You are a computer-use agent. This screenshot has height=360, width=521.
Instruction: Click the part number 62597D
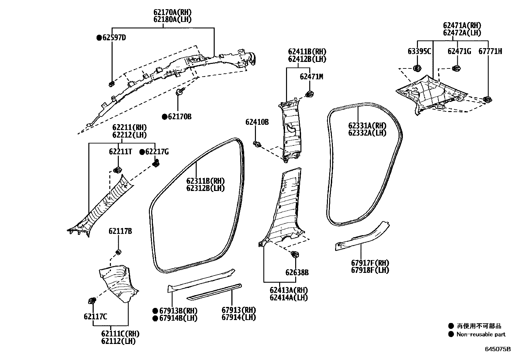[x=114, y=38]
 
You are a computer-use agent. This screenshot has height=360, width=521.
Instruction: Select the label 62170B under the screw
[x=180, y=117]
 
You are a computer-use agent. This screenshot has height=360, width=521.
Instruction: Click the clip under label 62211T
[x=117, y=170]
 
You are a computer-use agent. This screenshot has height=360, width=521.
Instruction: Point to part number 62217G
[x=157, y=152]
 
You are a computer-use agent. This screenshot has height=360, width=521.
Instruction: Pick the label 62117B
[x=120, y=232]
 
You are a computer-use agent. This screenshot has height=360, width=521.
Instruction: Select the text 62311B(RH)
[x=206, y=181]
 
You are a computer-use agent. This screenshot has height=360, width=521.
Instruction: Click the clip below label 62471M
[x=309, y=94]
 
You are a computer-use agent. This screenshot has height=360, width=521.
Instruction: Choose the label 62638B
[x=297, y=273]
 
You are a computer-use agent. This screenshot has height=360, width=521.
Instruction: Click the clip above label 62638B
[x=294, y=255]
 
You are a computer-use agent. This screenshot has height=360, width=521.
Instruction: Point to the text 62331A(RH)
[x=367, y=126]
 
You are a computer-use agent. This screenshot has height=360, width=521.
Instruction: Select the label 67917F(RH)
[x=370, y=263]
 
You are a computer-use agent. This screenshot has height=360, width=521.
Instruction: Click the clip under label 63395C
[x=417, y=68]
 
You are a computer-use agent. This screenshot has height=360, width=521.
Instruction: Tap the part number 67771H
[x=490, y=51]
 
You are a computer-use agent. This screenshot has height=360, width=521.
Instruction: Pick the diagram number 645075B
[x=497, y=349]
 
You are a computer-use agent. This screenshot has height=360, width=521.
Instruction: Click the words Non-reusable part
[x=481, y=334]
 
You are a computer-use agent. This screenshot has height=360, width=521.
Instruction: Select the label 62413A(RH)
[x=289, y=290]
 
